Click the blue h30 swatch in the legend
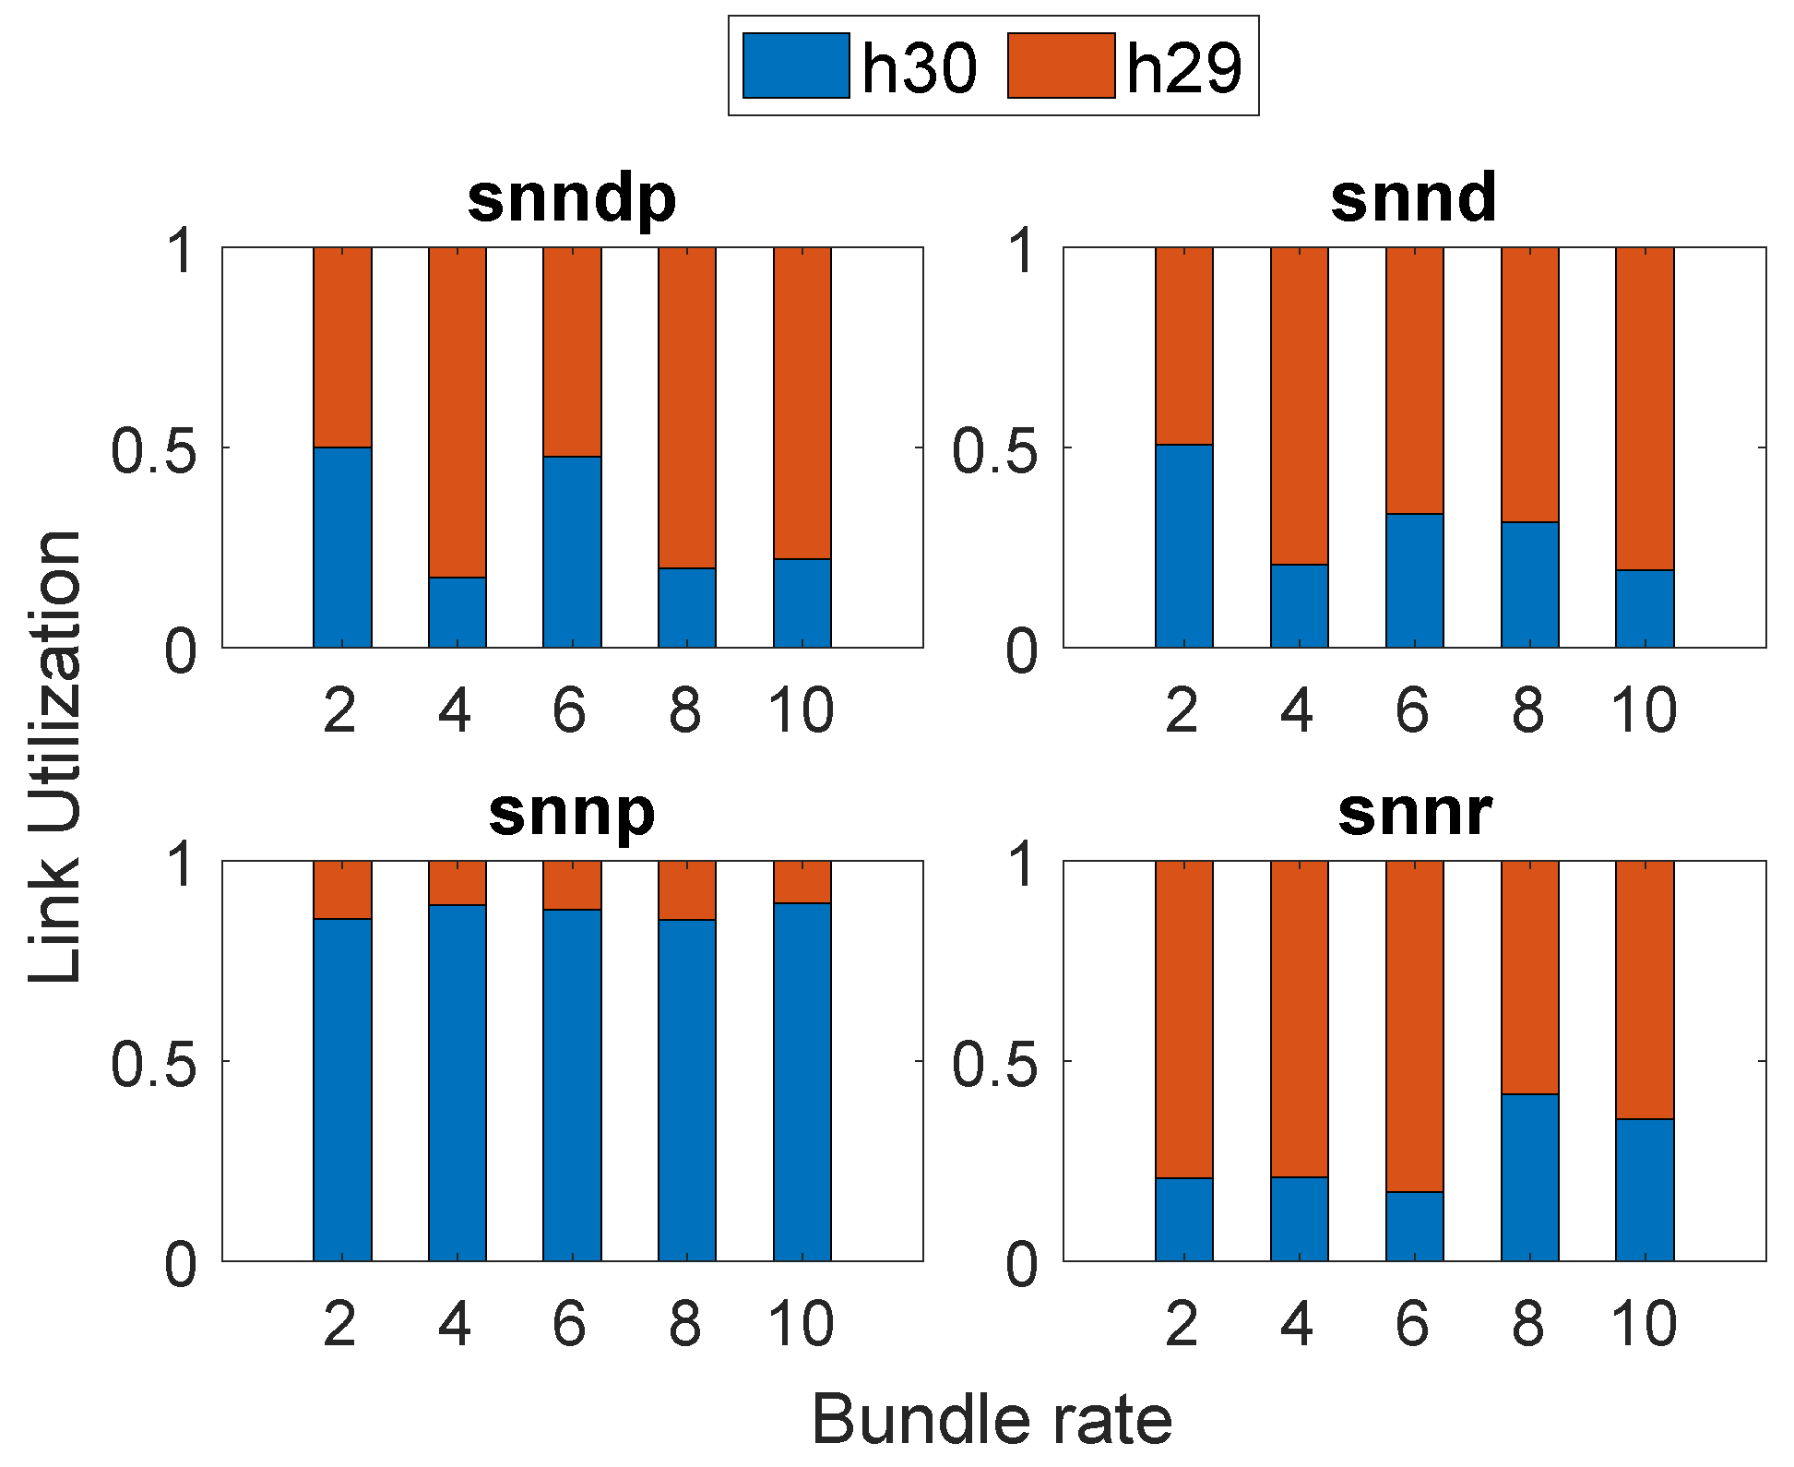click(x=795, y=66)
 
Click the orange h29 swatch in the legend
click(x=1061, y=66)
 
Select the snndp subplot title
click(x=572, y=198)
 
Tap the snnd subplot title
click(x=1413, y=198)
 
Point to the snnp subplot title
click(x=572, y=812)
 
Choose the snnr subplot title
click(x=1413, y=812)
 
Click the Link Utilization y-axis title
click(x=55, y=757)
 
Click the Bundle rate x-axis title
click(x=992, y=1419)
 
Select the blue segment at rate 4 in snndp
click(x=457, y=613)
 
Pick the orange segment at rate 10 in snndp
click(x=802, y=403)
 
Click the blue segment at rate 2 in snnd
click(x=1183, y=546)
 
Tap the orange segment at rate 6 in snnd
click(x=1414, y=380)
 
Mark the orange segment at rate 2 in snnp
click(x=342, y=889)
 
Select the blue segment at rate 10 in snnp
click(x=802, y=1081)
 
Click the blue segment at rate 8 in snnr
click(x=1529, y=1177)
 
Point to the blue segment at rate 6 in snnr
click(x=1414, y=1226)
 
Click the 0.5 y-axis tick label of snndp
click(x=153, y=451)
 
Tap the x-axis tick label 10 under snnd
click(x=1644, y=711)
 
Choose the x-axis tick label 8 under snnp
click(x=685, y=1325)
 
